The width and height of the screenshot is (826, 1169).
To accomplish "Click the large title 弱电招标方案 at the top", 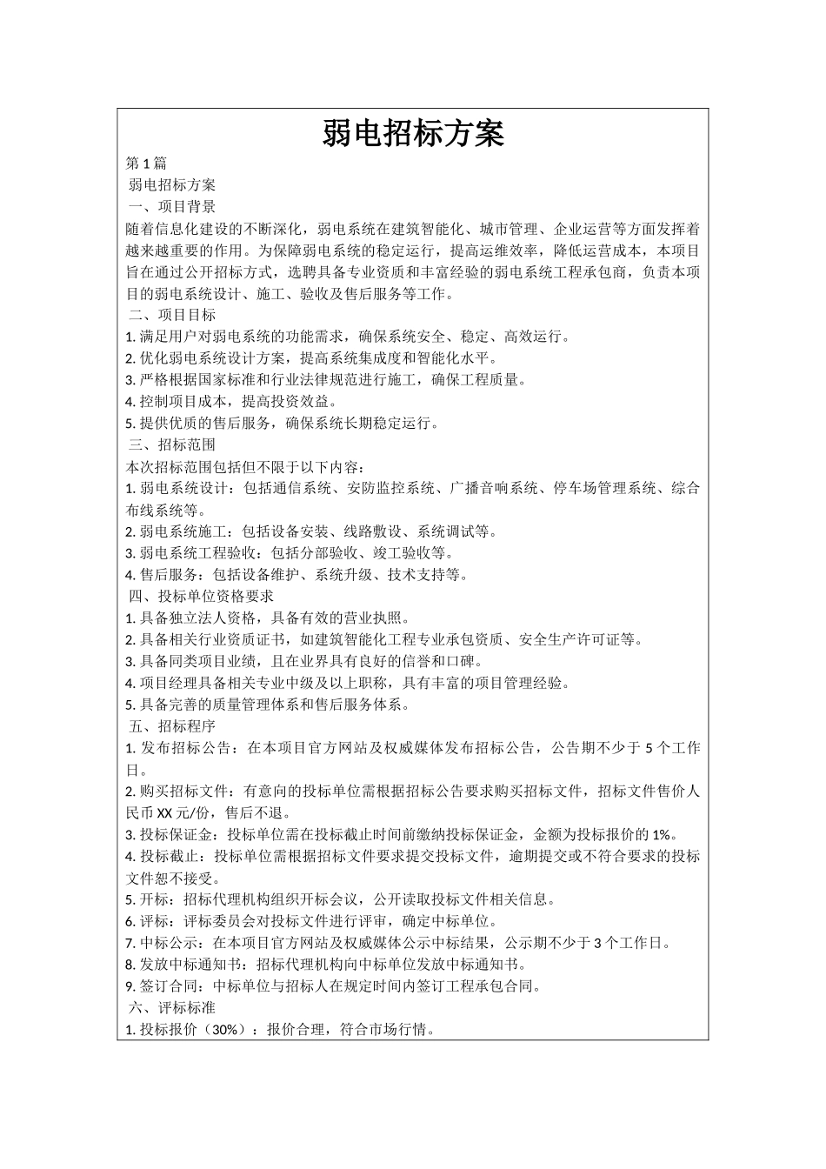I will pos(413,134).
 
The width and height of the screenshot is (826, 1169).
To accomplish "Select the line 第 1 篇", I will pos(146,164).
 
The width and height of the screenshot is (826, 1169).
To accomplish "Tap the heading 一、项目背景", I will pos(171,207).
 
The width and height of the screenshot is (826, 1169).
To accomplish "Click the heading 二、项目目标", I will pos(171,315).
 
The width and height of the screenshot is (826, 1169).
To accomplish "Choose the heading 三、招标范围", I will pos(171,444).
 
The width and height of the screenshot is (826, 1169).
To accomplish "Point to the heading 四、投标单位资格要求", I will pos(201,596).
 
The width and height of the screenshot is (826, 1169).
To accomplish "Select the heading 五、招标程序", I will pos(171,725).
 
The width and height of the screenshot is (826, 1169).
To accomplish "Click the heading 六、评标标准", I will pos(171,1007).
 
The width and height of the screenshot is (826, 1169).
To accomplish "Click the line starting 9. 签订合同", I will pos(334,986).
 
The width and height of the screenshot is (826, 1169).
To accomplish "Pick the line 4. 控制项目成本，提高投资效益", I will pos(231,402).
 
